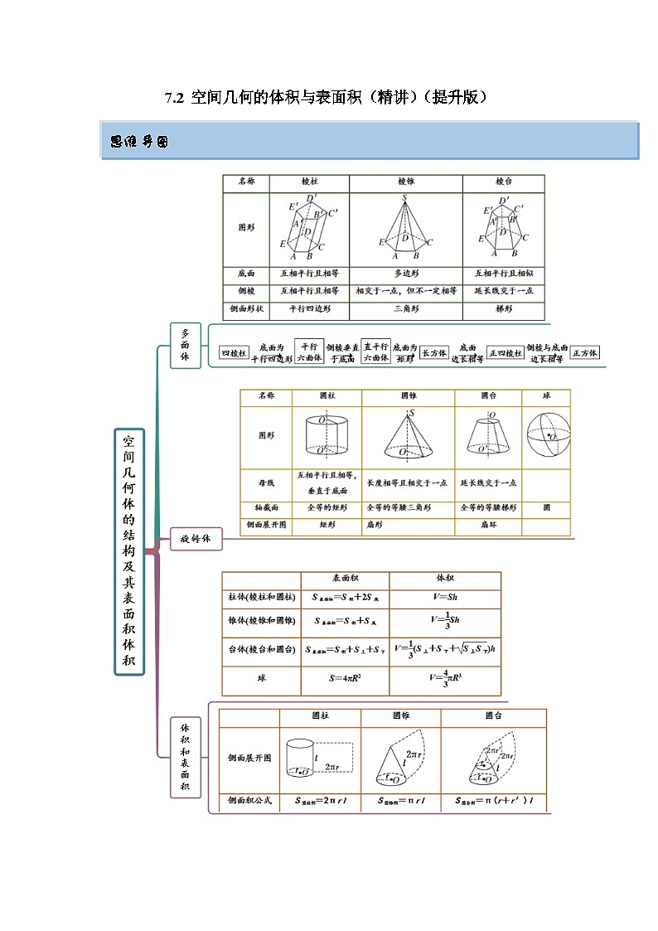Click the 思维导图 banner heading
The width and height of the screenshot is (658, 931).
coord(139,142)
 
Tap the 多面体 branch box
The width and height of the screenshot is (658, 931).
coord(184,344)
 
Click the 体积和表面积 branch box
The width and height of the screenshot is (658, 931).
coord(185,756)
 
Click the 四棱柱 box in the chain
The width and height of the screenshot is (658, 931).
coord(234,353)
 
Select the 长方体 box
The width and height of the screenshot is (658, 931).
coord(434,353)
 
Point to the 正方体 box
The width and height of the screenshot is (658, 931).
coord(586,353)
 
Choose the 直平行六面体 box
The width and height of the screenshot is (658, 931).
coord(376,352)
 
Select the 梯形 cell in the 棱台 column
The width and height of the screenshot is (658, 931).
coord(503,309)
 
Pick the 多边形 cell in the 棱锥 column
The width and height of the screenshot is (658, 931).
coord(405,273)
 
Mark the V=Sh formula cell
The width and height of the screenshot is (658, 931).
coord(445,598)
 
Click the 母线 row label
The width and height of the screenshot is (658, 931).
coord(266,483)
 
